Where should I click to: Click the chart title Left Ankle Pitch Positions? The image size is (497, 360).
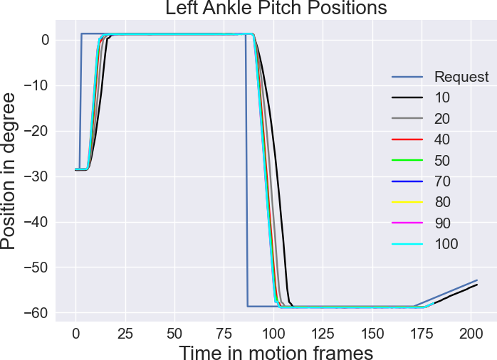[x=276, y=9]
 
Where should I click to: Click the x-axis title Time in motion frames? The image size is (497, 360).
[x=276, y=351]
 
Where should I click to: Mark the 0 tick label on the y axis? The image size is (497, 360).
[x=45, y=40]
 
